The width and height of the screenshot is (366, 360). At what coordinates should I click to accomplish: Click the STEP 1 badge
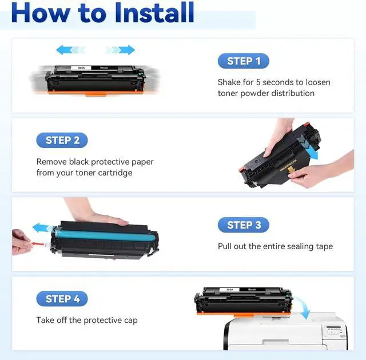point(244,61)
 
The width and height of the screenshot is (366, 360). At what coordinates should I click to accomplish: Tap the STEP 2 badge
point(62,141)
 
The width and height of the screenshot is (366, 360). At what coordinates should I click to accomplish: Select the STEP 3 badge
point(244,225)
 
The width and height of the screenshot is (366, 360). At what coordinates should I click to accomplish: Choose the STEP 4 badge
point(62,299)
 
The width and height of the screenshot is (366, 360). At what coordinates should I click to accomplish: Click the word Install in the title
point(154,13)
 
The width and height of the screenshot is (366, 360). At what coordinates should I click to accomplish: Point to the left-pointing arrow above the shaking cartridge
point(71,50)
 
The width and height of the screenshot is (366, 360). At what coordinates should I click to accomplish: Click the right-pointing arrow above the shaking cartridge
point(120,50)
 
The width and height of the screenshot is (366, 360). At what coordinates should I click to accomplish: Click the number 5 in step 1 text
point(258,82)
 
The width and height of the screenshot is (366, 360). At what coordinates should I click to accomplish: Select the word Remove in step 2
point(51,162)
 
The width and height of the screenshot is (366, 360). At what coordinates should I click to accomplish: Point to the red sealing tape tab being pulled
point(38,244)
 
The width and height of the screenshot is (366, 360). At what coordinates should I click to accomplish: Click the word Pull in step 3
point(225,246)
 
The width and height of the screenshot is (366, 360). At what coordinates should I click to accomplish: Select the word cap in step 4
point(131,321)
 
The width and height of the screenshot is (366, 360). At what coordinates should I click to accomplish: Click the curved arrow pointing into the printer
point(303,307)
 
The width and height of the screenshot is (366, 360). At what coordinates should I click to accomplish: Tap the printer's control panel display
point(333,328)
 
